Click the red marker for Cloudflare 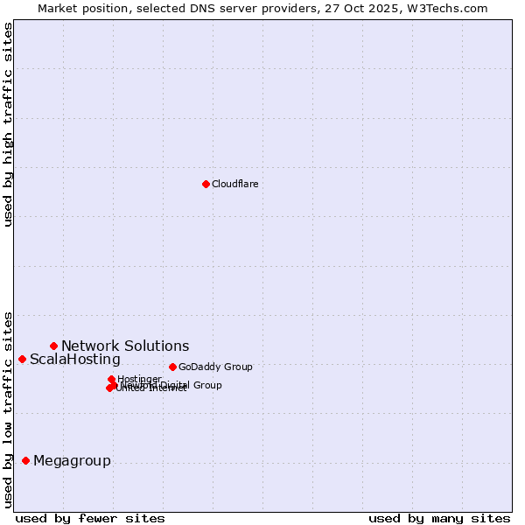[x=206, y=184]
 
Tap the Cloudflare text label [x=234, y=184]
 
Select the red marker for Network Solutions [x=53, y=346]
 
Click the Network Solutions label [x=125, y=346]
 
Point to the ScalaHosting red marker [x=22, y=359]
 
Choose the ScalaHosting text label [x=75, y=360]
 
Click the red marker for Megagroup [x=25, y=460]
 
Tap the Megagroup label [x=72, y=461]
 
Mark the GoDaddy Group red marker [x=172, y=367]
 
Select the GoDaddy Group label [x=215, y=367]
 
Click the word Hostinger [x=139, y=379]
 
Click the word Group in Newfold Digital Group [x=207, y=385]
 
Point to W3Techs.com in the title [x=451, y=8]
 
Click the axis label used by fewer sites [x=90, y=518]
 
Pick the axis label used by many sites [x=439, y=518]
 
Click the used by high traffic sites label [x=8, y=124]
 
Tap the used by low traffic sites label [x=8, y=409]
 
